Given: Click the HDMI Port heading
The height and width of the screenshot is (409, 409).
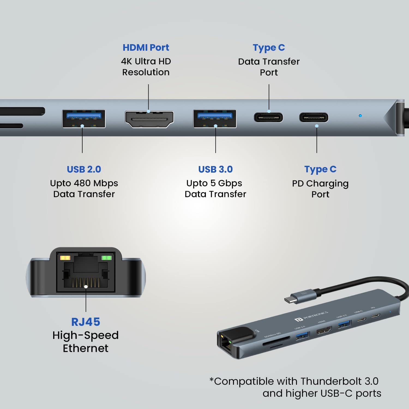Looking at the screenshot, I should (x=146, y=47).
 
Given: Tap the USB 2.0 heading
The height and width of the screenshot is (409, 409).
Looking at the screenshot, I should (x=84, y=169).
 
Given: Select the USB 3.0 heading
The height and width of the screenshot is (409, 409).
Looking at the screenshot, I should (x=215, y=169).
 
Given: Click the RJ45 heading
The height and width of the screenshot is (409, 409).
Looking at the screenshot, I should (x=86, y=322).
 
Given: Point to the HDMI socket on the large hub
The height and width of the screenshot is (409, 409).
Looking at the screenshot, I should (x=149, y=119).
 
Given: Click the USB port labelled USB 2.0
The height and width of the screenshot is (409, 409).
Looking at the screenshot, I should (x=84, y=119).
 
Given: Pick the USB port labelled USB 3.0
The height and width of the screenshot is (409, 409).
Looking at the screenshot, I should (x=215, y=119).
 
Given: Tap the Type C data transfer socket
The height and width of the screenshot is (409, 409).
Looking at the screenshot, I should (x=268, y=118).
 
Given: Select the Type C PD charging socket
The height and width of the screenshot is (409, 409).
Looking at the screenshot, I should (x=314, y=118).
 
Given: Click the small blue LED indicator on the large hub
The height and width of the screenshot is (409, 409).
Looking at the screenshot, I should (x=360, y=116).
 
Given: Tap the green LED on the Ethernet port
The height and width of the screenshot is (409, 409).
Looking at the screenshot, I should (x=106, y=258).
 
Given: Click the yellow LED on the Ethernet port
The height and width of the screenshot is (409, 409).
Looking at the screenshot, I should (x=65, y=258).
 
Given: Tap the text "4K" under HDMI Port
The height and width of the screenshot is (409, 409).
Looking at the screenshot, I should (x=127, y=61).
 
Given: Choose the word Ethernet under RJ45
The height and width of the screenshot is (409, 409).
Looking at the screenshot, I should (x=86, y=348).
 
